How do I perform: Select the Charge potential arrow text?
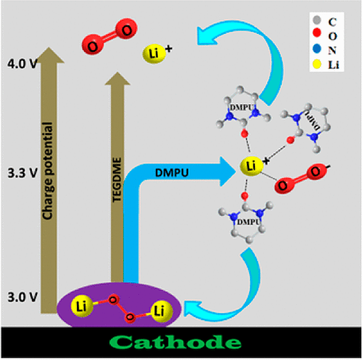pyautogui.click(x=51, y=175)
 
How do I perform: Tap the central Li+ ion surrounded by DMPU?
pyautogui.click(x=251, y=167)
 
